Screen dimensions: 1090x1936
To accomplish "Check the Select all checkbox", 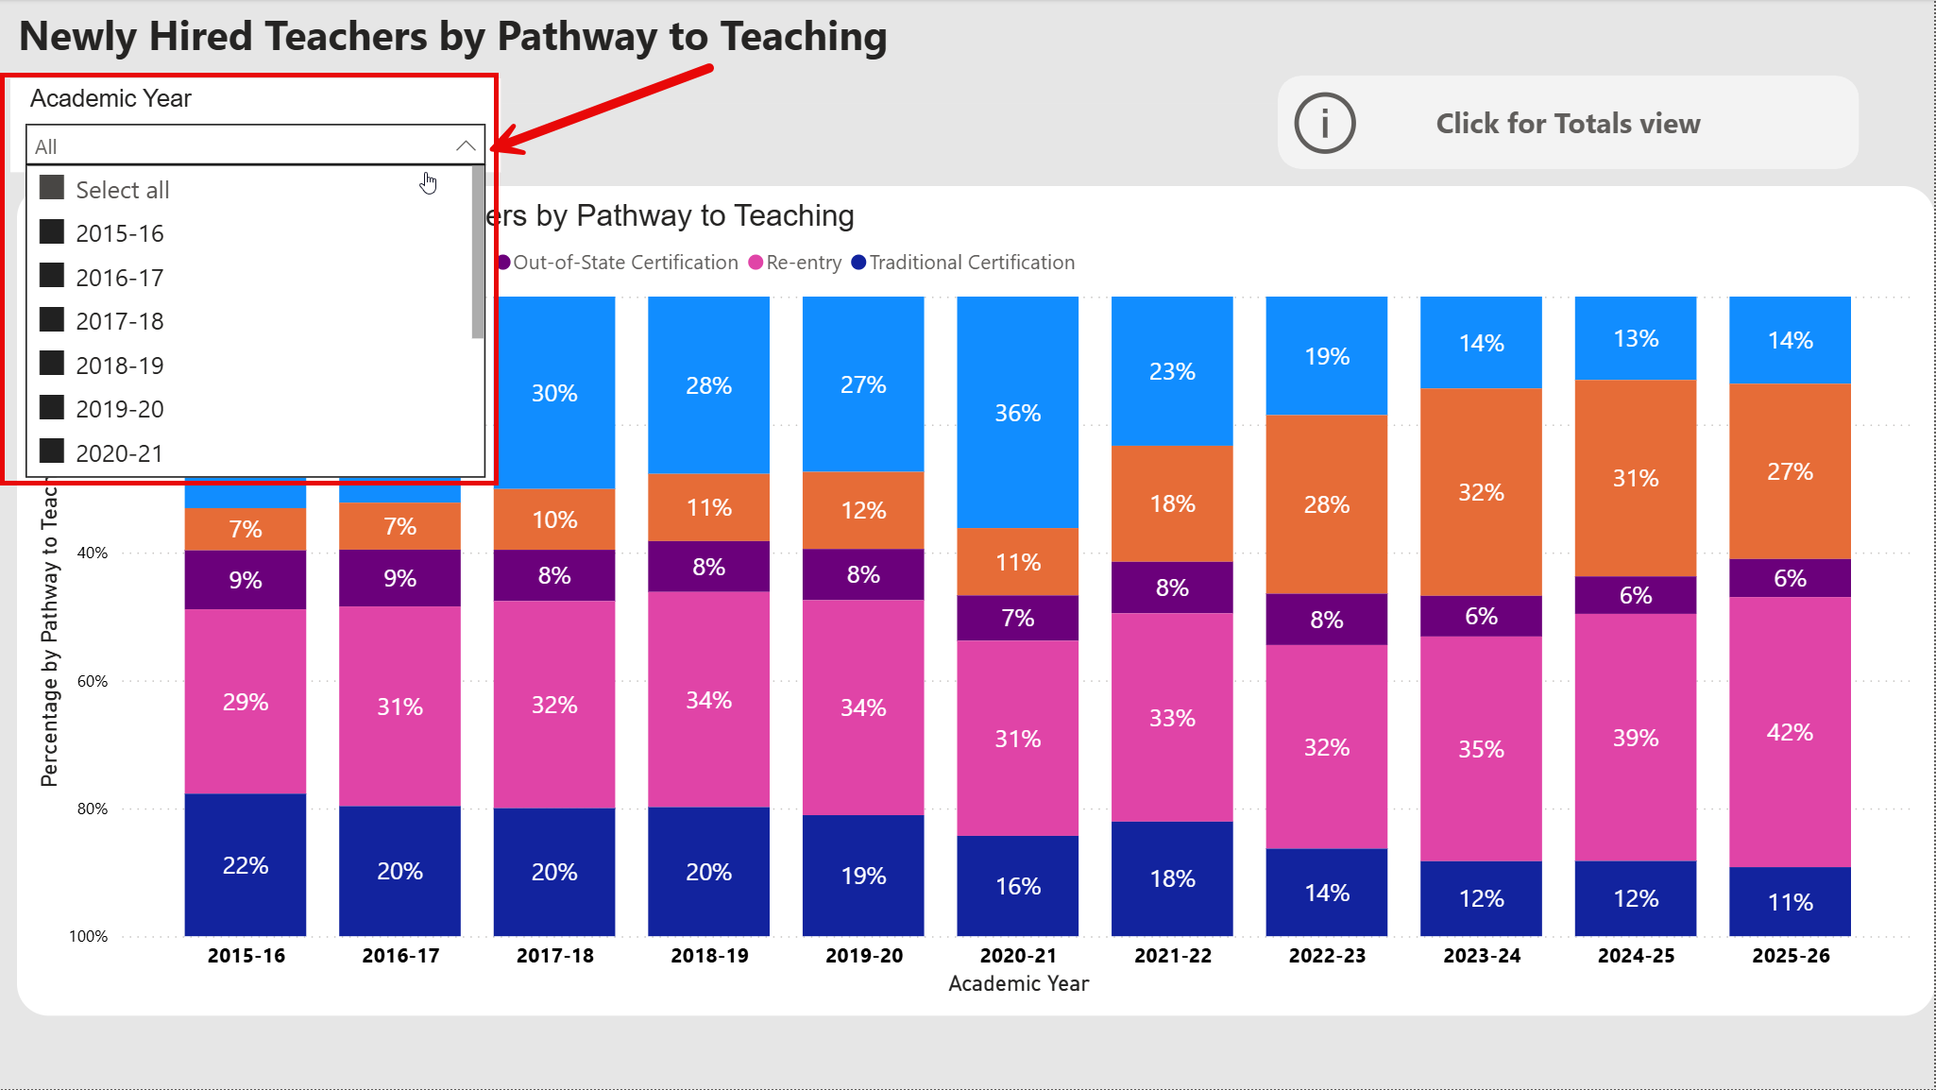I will [x=52, y=188].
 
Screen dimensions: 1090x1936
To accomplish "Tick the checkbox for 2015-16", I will [x=52, y=232].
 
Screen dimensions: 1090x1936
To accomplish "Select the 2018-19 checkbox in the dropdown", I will [x=52, y=364].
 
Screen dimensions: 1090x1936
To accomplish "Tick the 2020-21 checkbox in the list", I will [x=52, y=451].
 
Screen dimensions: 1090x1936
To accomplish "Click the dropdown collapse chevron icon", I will [x=465, y=145].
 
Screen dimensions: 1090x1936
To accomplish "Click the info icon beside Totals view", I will [x=1324, y=123].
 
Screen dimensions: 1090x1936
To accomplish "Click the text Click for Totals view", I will [x=1568, y=123].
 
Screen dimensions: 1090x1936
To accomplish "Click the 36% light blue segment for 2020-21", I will [x=1017, y=413].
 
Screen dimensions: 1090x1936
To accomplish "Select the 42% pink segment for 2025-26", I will [x=1790, y=732].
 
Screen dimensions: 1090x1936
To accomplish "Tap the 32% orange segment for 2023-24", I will [x=1481, y=492].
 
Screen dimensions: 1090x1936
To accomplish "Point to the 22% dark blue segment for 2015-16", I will [x=246, y=865].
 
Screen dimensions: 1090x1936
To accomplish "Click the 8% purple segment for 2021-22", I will [x=1172, y=588].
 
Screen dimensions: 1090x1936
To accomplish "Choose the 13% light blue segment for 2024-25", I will [x=1636, y=338].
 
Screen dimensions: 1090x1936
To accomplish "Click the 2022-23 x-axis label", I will [x=1327, y=956].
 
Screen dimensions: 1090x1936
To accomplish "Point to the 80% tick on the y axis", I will [x=93, y=809].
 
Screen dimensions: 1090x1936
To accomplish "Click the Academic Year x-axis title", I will [x=1018, y=984].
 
